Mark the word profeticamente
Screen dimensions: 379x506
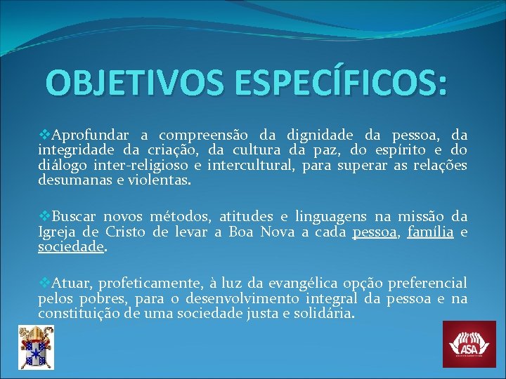click(148, 284)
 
